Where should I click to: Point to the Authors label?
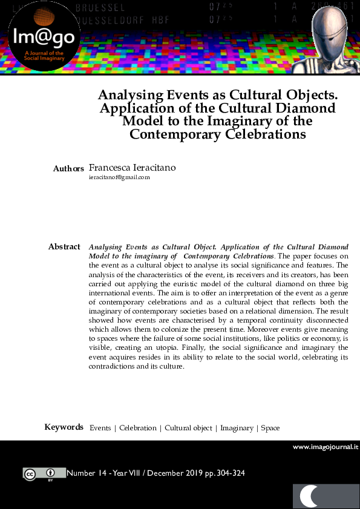click(x=68, y=168)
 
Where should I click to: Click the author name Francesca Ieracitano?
click(x=133, y=167)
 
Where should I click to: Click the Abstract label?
click(x=64, y=247)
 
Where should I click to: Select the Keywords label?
click(x=64, y=427)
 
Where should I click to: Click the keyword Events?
click(x=100, y=428)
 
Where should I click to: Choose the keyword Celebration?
click(x=137, y=428)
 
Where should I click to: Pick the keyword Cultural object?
click(x=188, y=428)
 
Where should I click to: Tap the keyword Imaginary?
click(x=237, y=428)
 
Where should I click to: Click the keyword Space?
click(x=270, y=428)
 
